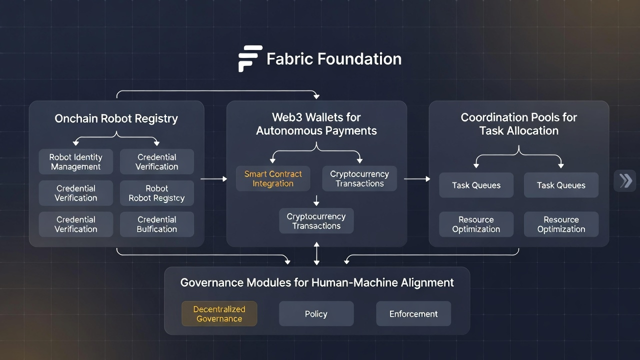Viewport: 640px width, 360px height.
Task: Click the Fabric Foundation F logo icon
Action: (x=250, y=58)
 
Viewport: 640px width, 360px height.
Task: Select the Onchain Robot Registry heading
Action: (x=116, y=118)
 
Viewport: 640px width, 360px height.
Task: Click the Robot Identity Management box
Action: (x=75, y=162)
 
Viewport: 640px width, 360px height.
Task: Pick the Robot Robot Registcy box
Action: (x=156, y=193)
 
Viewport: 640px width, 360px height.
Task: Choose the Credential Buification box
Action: (x=156, y=224)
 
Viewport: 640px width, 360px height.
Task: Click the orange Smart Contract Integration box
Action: (x=273, y=178)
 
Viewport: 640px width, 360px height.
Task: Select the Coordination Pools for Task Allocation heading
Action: (x=518, y=124)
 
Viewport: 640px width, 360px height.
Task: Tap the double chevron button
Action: (x=625, y=180)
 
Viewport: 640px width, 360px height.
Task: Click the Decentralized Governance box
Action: (x=219, y=313)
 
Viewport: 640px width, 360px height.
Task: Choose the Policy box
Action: (x=316, y=314)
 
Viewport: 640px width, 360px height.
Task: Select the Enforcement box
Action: (x=413, y=314)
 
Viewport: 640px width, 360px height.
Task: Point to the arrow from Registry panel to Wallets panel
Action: (x=213, y=178)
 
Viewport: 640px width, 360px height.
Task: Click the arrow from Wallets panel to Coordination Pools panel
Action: (x=417, y=178)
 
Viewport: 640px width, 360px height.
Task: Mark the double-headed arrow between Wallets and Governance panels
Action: (x=316, y=253)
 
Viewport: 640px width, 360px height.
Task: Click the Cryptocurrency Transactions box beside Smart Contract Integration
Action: (x=359, y=178)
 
